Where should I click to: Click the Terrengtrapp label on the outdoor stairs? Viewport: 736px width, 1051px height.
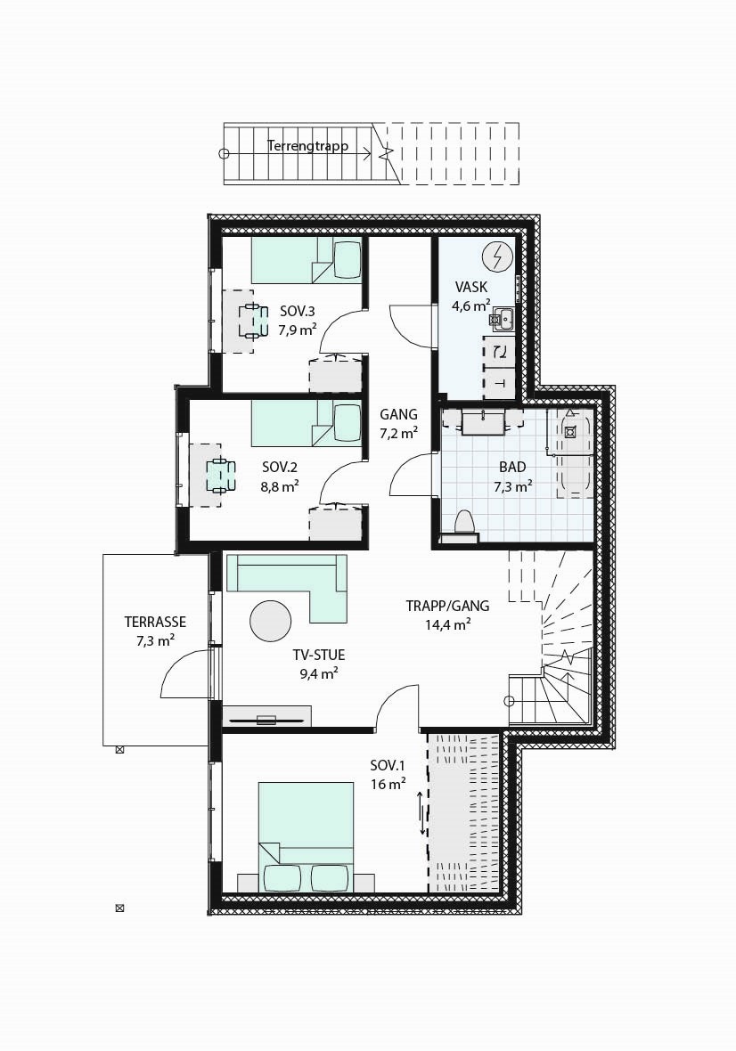click(307, 145)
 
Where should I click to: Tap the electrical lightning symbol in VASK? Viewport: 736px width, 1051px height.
click(496, 257)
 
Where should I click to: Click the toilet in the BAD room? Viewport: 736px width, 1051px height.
click(463, 525)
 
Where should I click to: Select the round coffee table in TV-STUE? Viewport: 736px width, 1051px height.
click(270, 620)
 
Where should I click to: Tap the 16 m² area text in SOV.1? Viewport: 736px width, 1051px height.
click(388, 785)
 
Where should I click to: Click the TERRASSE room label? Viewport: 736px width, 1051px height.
click(155, 622)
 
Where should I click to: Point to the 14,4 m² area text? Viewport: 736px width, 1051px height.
click(447, 624)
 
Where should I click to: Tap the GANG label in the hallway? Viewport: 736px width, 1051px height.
click(398, 414)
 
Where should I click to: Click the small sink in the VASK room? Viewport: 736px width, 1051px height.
click(503, 316)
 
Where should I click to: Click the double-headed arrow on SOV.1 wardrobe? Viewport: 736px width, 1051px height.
click(422, 814)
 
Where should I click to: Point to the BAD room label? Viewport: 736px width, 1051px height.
click(511, 467)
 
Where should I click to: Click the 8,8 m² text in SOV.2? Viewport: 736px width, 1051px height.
click(279, 485)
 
